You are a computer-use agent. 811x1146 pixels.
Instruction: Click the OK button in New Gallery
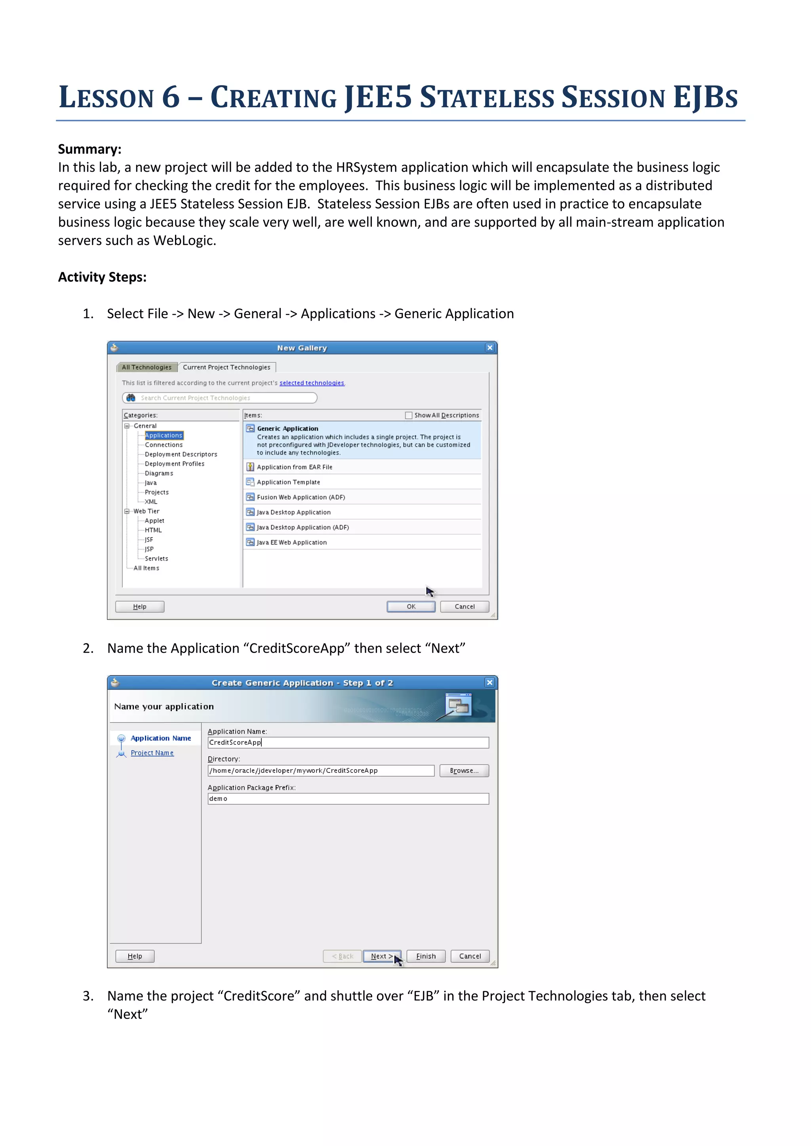point(411,607)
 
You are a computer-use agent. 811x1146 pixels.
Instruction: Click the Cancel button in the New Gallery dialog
point(465,607)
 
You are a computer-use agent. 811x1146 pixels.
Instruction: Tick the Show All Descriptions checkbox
point(409,415)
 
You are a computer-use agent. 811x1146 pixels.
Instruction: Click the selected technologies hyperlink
point(312,383)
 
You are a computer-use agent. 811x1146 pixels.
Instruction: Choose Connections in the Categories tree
point(164,445)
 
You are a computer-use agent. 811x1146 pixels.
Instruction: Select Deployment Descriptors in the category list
point(181,454)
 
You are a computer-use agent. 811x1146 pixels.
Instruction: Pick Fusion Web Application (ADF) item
point(301,497)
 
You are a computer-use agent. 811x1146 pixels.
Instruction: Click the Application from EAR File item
point(294,467)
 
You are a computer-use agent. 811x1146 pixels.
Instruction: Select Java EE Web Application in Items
point(291,542)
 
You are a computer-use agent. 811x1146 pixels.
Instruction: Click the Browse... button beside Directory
point(464,770)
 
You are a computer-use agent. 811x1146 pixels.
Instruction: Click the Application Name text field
point(348,743)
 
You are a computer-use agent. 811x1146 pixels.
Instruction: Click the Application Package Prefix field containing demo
point(348,799)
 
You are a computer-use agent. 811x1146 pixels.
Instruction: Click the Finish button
point(425,956)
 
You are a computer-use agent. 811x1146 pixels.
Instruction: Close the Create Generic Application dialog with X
point(489,682)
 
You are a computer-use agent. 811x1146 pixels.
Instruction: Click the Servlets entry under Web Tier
point(156,558)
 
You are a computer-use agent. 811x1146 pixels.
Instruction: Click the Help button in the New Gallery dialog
point(140,607)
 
